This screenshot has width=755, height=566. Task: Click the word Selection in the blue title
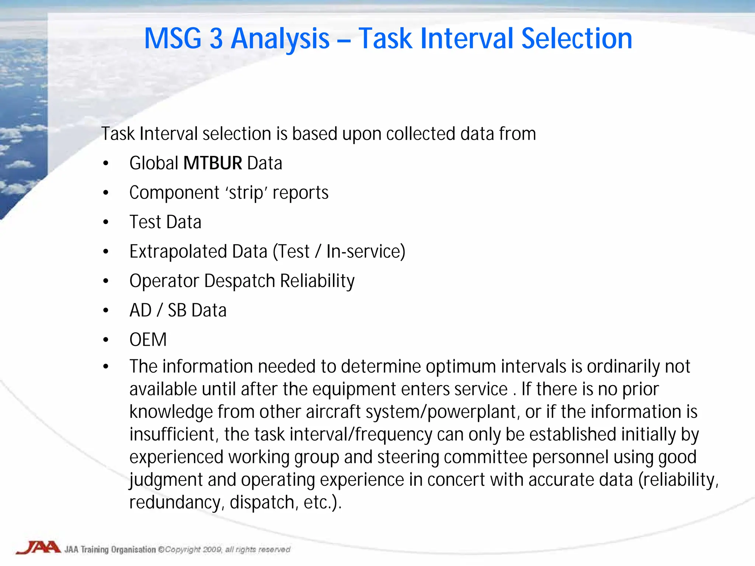pos(577,39)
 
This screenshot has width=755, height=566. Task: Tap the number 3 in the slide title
pos(216,39)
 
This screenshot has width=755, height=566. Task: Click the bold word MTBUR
pos(213,163)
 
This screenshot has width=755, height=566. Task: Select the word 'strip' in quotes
pos(246,193)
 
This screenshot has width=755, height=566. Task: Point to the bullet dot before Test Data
pos(106,222)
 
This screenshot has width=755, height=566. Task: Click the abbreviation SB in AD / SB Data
pos(177,310)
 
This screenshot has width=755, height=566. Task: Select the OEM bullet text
pos(148,340)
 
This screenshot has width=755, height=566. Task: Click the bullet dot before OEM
pos(106,340)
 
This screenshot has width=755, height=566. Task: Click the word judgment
pos(166,480)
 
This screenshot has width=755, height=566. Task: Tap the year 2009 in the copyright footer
pos(212,549)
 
